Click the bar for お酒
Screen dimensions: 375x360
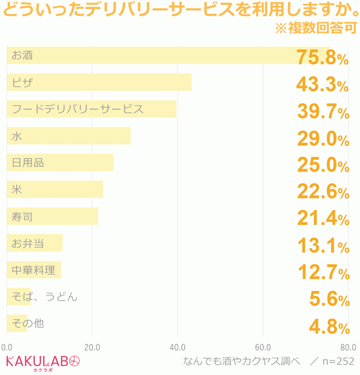point(168,56)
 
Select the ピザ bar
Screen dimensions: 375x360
point(99,82)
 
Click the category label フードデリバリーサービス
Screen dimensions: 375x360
point(78,109)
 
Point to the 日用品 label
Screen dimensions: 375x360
point(28,163)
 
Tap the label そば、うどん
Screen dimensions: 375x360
point(44,296)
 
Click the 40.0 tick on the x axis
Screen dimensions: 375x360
point(177,347)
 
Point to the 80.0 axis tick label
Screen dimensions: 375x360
point(347,347)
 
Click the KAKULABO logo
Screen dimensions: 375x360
point(42,362)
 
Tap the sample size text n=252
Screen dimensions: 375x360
point(337,361)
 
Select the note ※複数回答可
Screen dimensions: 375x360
point(316,28)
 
